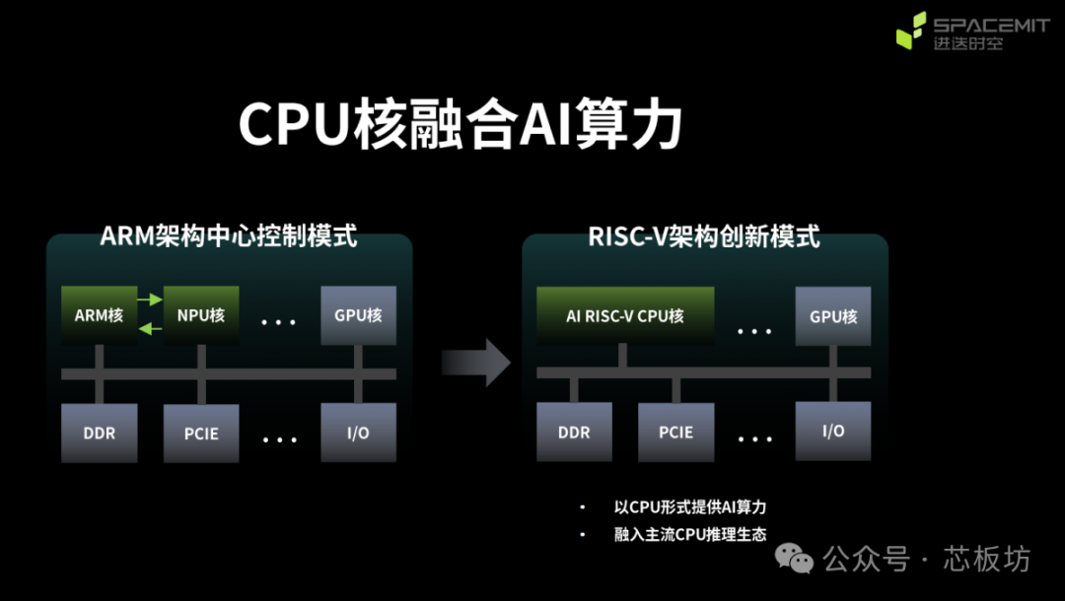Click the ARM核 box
tap(99, 315)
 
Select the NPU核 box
tap(201, 315)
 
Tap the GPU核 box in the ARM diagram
tap(358, 315)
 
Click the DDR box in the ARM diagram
tap(99, 433)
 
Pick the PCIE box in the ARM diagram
tap(201, 433)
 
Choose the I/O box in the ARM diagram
tap(358, 433)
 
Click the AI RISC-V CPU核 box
tap(624, 316)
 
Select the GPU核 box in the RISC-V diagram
tap(833, 316)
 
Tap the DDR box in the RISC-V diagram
tap(574, 433)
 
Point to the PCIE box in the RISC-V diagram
tap(675, 433)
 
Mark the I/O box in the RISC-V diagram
tap(833, 432)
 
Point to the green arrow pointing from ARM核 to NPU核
tap(150, 297)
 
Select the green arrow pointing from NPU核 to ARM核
tap(150, 328)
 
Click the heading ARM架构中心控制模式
tap(229, 236)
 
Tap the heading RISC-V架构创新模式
tap(704, 236)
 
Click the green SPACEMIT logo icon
tap(911, 31)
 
